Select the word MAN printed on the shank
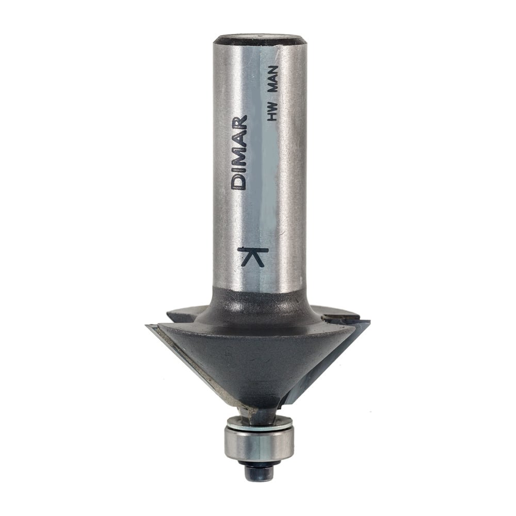coord(272,78)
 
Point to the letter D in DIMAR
coord(239,183)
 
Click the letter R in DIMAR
coord(239,121)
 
